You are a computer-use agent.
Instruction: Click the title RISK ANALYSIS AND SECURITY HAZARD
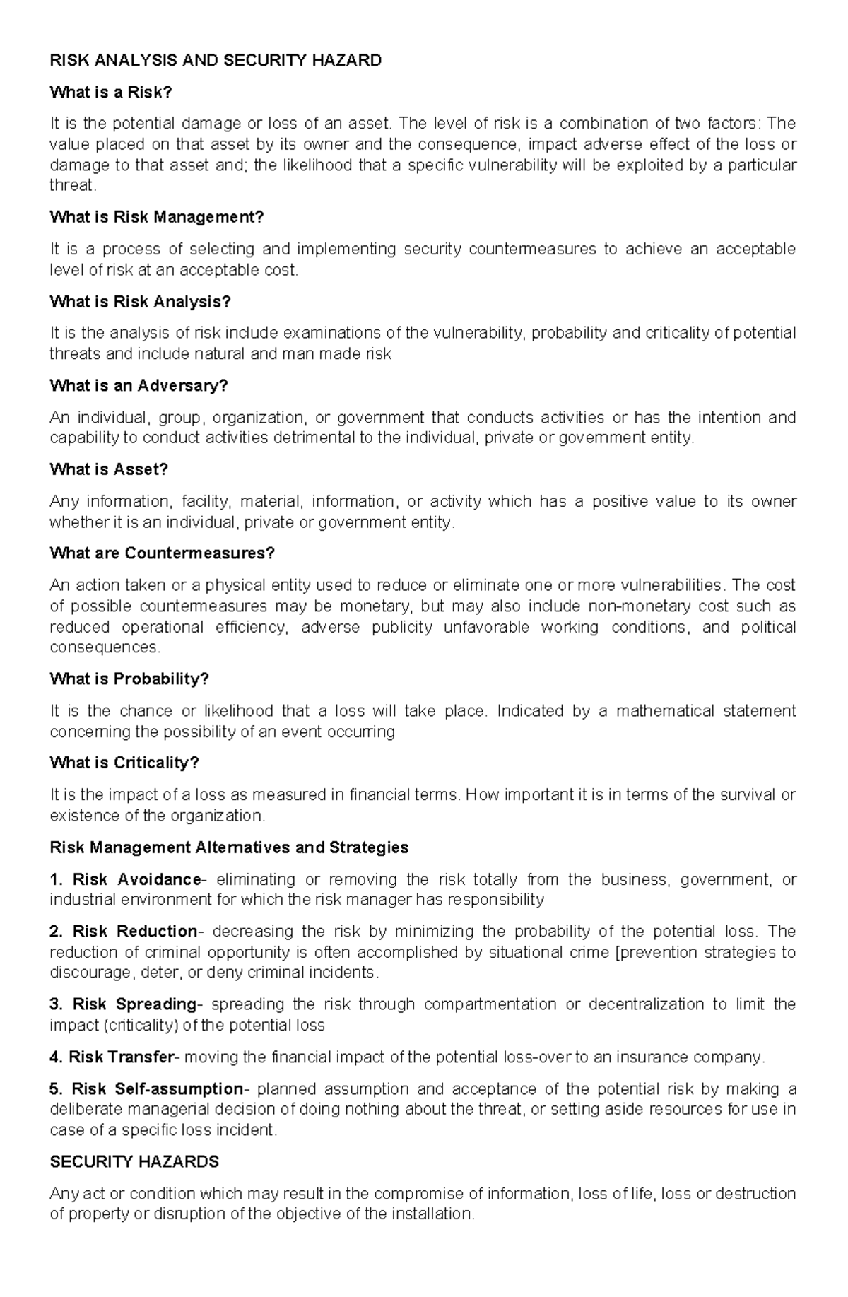coord(216,61)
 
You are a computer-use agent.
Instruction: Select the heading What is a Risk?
coord(111,93)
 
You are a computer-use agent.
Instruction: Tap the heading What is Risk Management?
coord(156,217)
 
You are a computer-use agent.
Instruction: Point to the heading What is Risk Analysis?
coord(140,302)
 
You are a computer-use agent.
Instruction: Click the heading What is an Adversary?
coord(139,386)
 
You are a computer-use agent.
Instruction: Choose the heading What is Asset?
coord(109,470)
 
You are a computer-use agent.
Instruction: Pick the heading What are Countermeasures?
coord(162,553)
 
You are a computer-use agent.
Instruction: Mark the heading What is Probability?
coord(129,679)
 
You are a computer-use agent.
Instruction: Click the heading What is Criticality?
coord(124,763)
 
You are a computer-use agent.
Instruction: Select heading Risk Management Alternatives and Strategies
coord(229,847)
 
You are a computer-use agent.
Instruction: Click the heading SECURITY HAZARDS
coord(134,1162)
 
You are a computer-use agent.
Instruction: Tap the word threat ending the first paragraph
coord(71,186)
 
